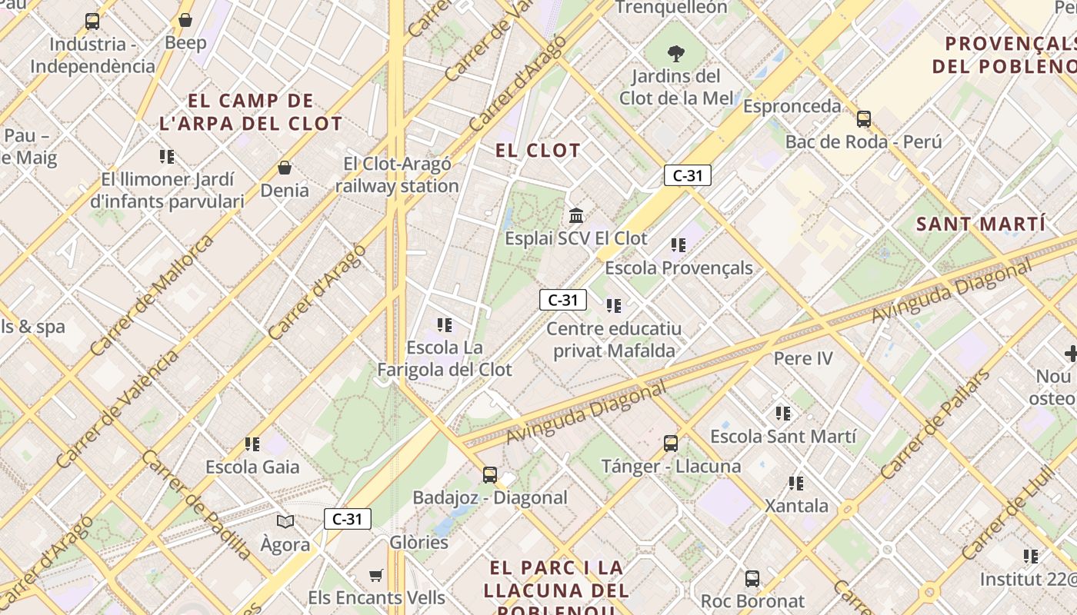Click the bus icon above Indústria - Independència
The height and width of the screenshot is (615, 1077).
[x=92, y=21]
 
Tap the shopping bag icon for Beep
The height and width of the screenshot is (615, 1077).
[x=185, y=20]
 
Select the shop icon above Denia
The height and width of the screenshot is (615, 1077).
[x=285, y=168]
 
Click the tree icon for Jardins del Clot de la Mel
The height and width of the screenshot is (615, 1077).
[x=676, y=54]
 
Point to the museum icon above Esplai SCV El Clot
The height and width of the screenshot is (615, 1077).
[x=576, y=215]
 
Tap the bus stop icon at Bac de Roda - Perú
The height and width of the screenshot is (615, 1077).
[x=864, y=119]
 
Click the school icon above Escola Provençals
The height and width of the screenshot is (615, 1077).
[x=678, y=245]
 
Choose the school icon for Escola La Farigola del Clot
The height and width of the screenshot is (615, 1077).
[x=445, y=325]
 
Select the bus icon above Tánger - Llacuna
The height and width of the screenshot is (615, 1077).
[x=671, y=444]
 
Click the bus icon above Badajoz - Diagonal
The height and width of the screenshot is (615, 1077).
[x=490, y=475]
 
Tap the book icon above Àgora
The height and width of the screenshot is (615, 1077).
[x=285, y=522]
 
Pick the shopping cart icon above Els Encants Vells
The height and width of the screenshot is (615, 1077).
[x=376, y=575]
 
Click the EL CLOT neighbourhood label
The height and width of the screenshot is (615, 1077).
[x=538, y=150]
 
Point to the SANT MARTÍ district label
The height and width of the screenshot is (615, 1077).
[x=982, y=224]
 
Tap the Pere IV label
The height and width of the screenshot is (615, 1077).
[x=803, y=358]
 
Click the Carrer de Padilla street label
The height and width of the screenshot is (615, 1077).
[x=196, y=504]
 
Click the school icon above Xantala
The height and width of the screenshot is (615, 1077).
[x=796, y=484]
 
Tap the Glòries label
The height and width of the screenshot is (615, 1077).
[x=418, y=542]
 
